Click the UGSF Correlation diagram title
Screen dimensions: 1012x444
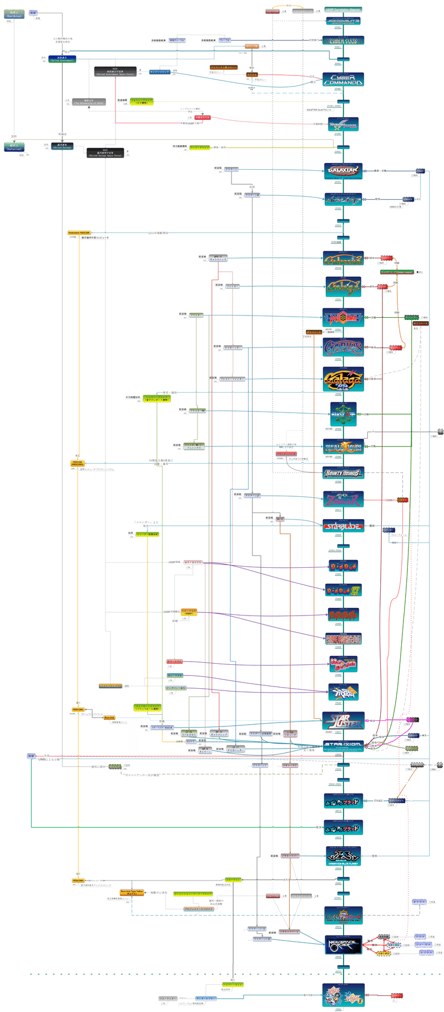pos(343,9)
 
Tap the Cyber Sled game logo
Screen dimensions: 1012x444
pos(344,40)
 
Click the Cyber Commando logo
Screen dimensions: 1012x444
pos(344,80)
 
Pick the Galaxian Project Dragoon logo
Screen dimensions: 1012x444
pos(344,170)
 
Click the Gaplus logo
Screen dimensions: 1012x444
pos(344,348)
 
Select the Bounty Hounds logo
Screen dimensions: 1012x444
pos(344,473)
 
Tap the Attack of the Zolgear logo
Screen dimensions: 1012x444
pos(344,499)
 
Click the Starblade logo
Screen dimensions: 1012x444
pos(343,526)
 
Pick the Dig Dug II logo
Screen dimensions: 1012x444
pos(344,590)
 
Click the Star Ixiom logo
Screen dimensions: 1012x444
pos(344,745)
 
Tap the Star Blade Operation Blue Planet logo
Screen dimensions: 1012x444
pos(344,856)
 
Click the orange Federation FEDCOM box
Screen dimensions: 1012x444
pos(79,233)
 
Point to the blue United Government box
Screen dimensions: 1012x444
pos(62,58)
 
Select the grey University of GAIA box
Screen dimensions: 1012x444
pos(89,102)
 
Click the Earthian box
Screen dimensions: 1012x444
pos(14,13)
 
